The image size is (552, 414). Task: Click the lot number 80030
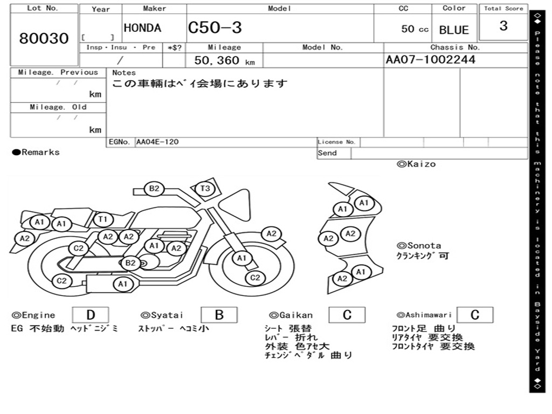pos(44,38)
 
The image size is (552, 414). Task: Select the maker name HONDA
pos(142,28)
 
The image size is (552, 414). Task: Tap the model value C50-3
pos(215,28)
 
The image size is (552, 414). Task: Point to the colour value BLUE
pos(454,30)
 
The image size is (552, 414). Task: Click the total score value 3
pos(503,26)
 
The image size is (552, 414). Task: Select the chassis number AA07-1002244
pos(431,60)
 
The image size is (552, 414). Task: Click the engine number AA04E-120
pos(157,142)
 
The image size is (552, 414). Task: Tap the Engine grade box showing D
pos(90,315)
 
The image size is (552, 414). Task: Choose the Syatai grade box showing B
pos(219,315)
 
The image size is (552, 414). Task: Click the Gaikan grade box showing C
pos(347,315)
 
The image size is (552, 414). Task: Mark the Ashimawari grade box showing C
pos(474,315)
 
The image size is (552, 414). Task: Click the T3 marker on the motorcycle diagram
pos(205,189)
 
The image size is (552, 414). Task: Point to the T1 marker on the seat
pos(103,219)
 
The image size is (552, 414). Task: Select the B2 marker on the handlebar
pos(154,189)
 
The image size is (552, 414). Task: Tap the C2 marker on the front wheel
pos(255,278)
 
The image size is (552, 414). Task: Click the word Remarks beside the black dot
pos(40,153)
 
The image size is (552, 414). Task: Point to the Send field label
pos(327,153)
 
